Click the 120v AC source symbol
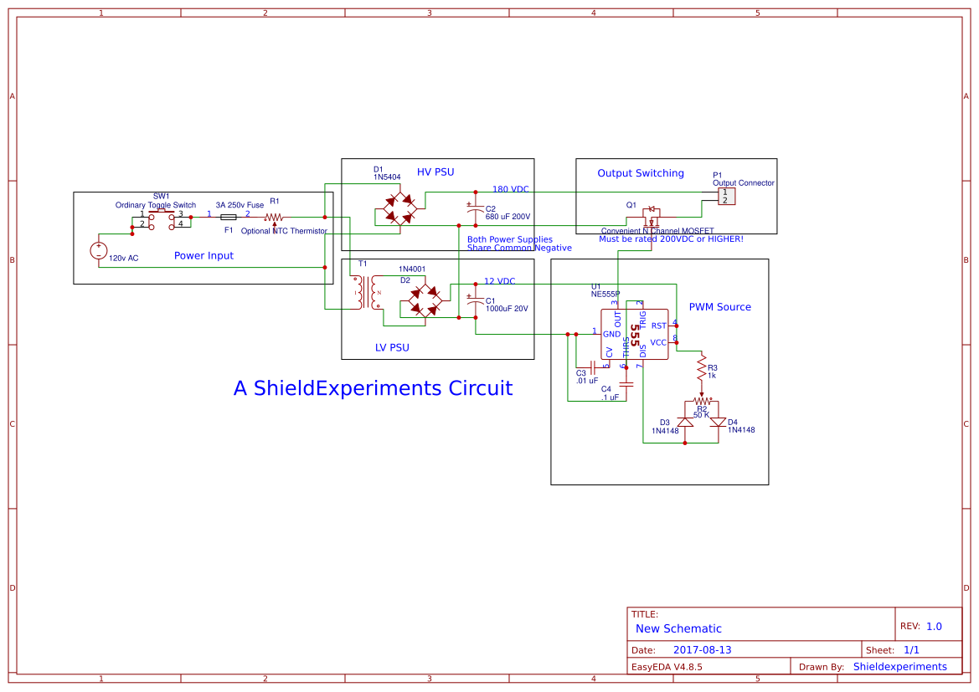click(x=98, y=250)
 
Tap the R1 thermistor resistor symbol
click(x=275, y=217)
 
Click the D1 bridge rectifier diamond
click(x=399, y=209)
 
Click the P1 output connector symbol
click(x=726, y=196)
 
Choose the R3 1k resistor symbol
click(x=702, y=367)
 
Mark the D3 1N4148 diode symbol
click(x=685, y=423)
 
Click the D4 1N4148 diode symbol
click(x=718, y=423)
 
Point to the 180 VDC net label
click(x=510, y=189)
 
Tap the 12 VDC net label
click(x=499, y=281)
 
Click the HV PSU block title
click(x=435, y=172)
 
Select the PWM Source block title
click(x=719, y=307)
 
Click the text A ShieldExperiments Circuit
click(x=373, y=388)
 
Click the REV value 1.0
click(x=934, y=626)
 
